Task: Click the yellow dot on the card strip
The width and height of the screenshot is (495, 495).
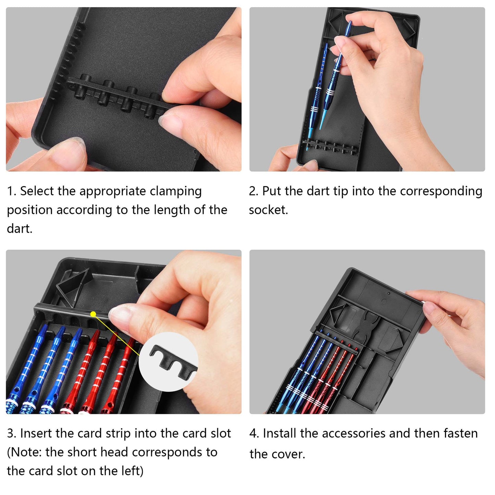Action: [93, 314]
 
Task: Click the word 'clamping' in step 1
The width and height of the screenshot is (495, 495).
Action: [176, 191]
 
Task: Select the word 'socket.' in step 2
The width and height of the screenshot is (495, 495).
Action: [269, 210]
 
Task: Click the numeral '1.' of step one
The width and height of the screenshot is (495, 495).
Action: [12, 191]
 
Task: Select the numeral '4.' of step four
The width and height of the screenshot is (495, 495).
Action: [254, 433]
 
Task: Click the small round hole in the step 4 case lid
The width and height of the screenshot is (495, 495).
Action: [389, 293]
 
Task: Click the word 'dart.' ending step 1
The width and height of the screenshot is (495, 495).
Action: [20, 228]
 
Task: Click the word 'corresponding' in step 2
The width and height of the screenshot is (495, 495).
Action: [441, 191]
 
